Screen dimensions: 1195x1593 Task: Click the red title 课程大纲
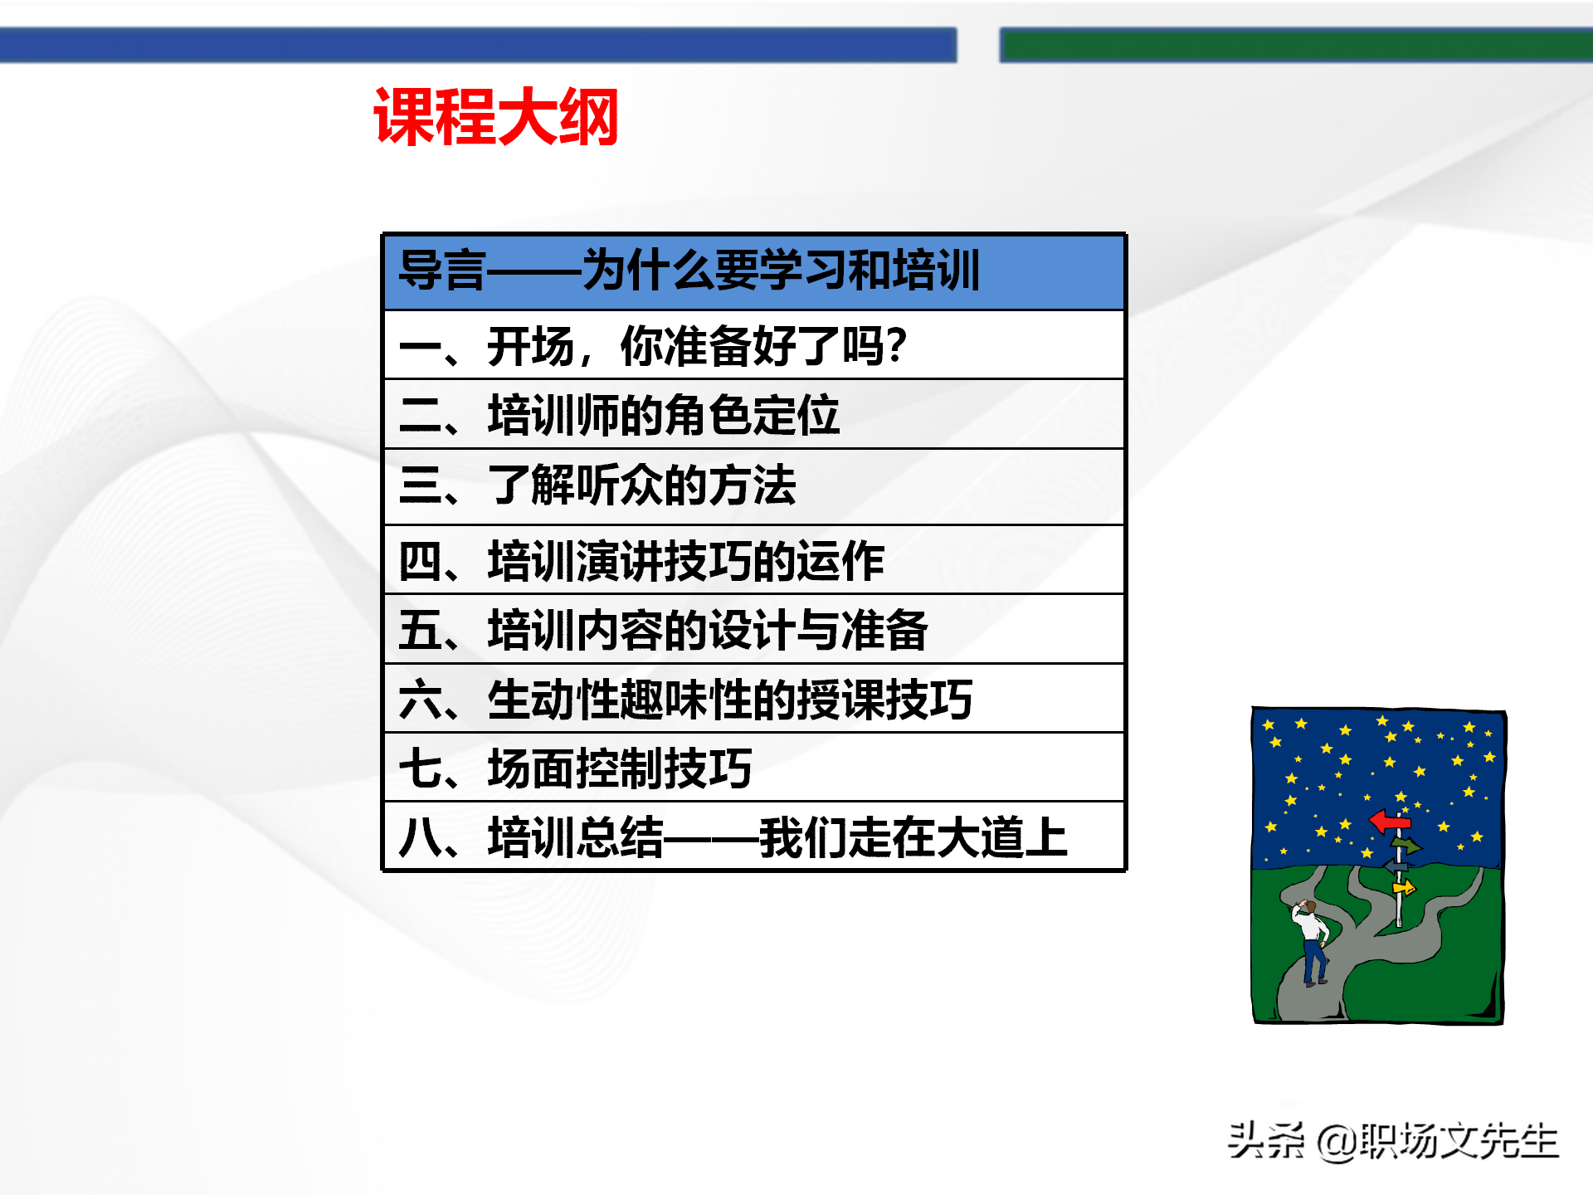496,118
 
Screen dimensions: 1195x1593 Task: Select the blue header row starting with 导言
753,271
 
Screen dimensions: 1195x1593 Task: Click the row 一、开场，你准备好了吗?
753,345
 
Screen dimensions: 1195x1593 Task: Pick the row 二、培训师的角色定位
753,415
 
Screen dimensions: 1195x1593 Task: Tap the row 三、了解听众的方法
753,486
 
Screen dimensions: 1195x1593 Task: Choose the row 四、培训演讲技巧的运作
753,561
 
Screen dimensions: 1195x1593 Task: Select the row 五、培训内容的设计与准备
753,630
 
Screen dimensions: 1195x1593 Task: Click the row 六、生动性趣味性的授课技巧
753,699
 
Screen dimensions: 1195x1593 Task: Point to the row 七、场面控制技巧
753,768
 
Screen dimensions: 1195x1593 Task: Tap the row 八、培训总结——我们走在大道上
753,836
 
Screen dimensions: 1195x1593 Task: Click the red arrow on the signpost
1389,822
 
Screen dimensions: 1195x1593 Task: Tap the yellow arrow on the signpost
1404,889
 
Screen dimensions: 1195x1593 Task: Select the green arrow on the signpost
1405,846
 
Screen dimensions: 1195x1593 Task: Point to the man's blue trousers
1314,963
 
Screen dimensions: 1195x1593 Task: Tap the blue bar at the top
478,45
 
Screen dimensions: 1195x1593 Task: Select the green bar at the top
1294,45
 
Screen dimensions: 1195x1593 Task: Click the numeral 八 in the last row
420,836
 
